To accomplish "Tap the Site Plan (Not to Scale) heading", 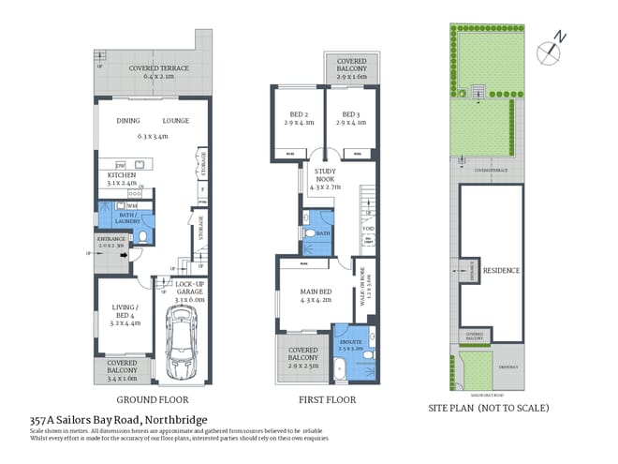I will click(x=488, y=408).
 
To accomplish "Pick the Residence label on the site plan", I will click(x=501, y=270).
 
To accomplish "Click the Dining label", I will click(x=127, y=121).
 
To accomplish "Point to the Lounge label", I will click(x=175, y=121).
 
